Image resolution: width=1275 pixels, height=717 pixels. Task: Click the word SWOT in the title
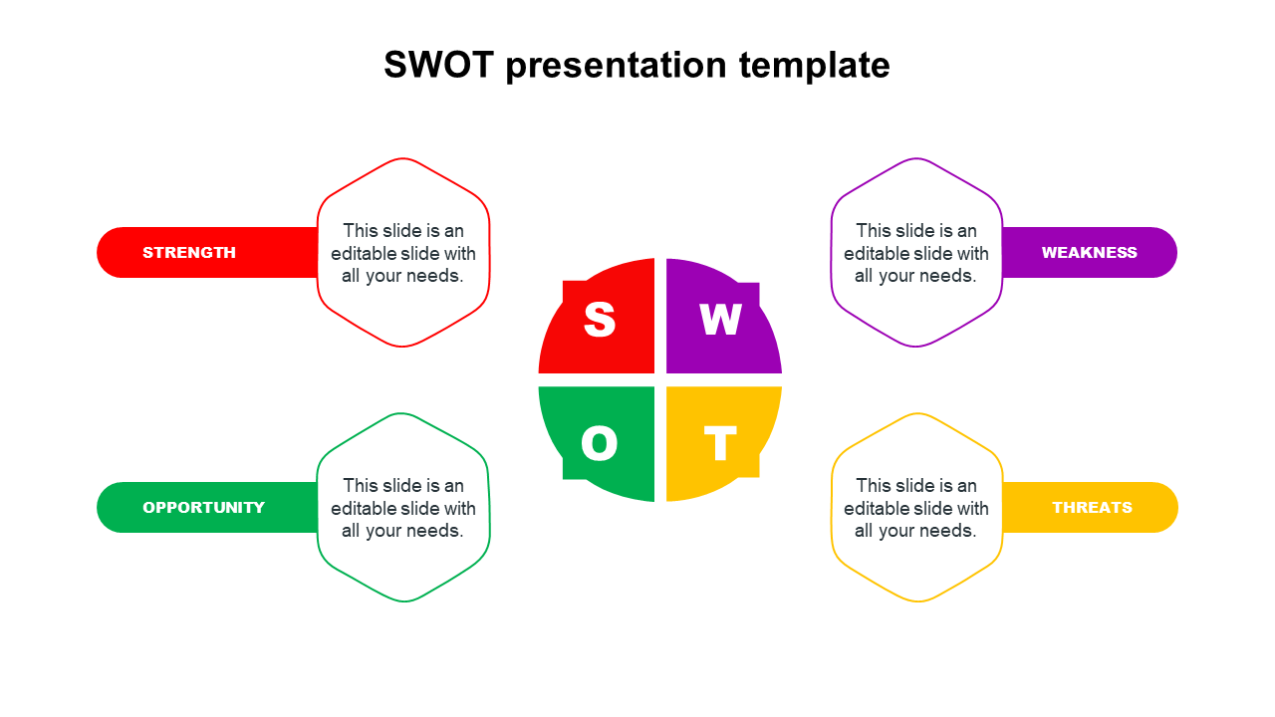pos(438,65)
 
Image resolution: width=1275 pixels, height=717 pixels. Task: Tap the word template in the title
pos(815,66)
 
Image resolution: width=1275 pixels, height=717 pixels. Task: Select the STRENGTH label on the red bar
pos(189,253)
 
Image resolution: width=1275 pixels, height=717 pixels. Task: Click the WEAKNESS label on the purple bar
pos(1089,253)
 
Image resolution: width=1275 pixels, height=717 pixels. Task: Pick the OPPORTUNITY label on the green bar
pos(204,508)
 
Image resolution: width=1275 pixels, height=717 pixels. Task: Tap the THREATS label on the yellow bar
pos(1092,508)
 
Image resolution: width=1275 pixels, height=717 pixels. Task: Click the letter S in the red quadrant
pos(600,320)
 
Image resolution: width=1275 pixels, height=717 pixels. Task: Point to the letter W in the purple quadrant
pos(720,320)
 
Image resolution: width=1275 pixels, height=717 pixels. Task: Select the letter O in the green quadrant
pos(599,443)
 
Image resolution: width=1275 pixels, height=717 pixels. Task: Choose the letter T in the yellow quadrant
pos(720,443)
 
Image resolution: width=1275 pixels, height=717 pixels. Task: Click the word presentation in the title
pos(616,66)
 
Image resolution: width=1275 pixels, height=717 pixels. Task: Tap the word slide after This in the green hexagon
pos(403,485)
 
